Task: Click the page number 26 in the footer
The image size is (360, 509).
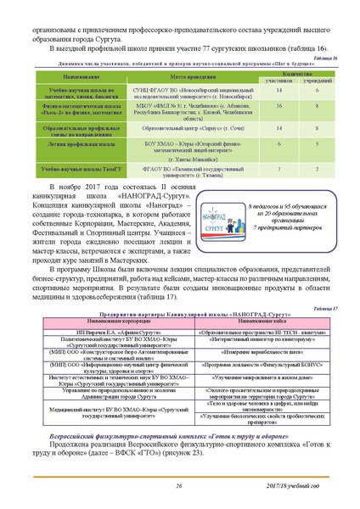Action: click(x=179, y=484)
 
